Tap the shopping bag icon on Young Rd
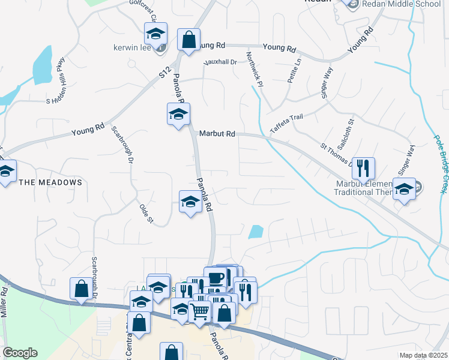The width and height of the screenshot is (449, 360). [188, 41]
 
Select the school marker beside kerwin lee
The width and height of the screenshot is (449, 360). [156, 35]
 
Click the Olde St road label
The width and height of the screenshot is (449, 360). [146, 214]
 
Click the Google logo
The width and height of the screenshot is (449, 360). [19, 353]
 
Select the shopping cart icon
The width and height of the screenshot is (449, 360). [199, 311]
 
